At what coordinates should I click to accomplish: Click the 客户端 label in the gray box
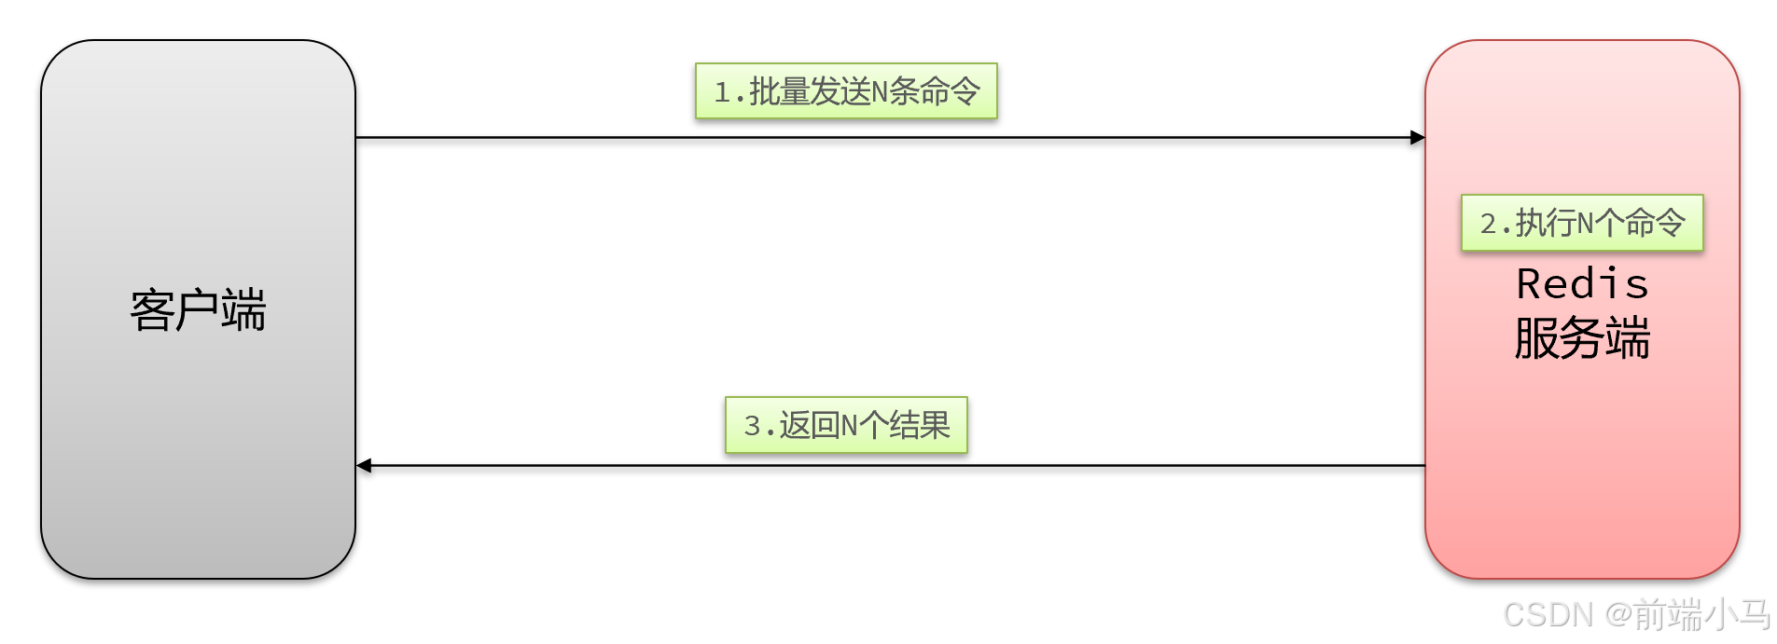pos(198,310)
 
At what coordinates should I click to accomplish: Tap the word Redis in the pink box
pos(1582,284)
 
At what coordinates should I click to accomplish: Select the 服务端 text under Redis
pos(1582,337)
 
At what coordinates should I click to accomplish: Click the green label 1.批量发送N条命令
pos(846,91)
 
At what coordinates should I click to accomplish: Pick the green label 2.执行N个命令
pos(1582,223)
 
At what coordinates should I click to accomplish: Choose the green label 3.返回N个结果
pos(846,426)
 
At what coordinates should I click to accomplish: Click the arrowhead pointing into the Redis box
pos(1418,138)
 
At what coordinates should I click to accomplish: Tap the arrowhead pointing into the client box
pos(365,465)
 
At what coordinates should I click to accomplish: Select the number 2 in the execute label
pos(1489,224)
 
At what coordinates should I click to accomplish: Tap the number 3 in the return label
pos(753,426)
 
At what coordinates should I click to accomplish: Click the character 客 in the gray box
pos(152,310)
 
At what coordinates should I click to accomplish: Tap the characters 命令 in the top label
pos(951,91)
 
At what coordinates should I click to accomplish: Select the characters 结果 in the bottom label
pos(920,426)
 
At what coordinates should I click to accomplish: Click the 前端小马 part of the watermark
pos(1702,615)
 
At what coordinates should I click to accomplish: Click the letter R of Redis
pos(1530,284)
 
